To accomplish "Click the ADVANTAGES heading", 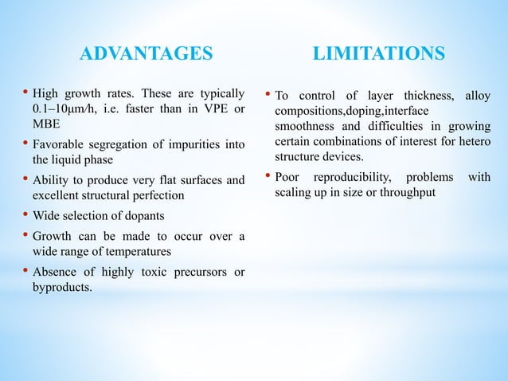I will click(x=148, y=54).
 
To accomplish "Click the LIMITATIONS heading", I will click(x=379, y=54).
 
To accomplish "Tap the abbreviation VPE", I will click(x=213, y=108).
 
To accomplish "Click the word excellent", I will click(x=57, y=194).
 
